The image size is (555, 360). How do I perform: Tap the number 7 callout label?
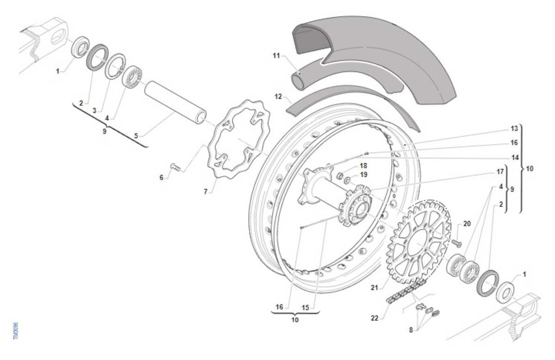point(206,191)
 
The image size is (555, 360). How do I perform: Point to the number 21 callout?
point(374,287)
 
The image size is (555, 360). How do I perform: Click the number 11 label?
point(276,55)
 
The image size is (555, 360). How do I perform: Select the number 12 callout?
point(278,97)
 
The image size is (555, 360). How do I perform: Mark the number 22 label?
point(375,318)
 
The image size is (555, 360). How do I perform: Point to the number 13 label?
point(514,128)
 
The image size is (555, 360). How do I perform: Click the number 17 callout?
point(500,172)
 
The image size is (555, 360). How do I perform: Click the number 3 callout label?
point(94,110)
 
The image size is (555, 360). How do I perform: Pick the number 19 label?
point(364,175)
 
